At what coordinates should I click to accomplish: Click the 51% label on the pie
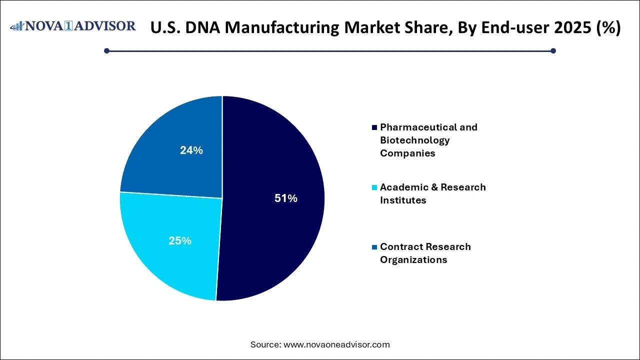click(286, 198)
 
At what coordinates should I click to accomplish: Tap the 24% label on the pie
click(191, 150)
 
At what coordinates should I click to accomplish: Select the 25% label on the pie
click(180, 240)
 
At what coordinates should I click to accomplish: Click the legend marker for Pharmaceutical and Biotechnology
click(374, 127)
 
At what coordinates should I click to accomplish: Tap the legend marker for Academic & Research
click(374, 187)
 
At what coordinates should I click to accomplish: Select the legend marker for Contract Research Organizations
click(374, 247)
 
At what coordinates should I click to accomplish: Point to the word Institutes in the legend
click(403, 200)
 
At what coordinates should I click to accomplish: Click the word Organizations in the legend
click(413, 259)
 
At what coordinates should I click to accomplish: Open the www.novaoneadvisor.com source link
click(336, 344)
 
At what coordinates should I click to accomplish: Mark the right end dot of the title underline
click(553, 50)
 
